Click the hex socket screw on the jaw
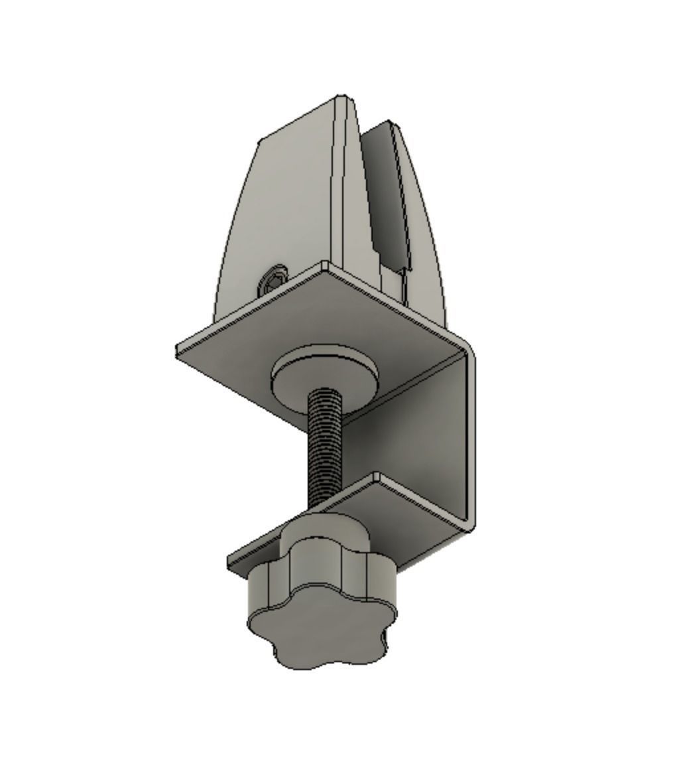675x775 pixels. (274, 282)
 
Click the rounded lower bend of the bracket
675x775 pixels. (467, 524)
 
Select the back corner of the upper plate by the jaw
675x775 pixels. (325, 267)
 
